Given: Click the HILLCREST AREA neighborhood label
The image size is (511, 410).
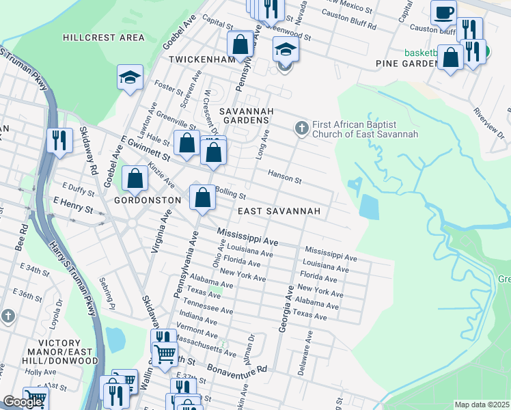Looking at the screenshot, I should point(103,38).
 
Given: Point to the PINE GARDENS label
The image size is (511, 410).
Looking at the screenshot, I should point(407,64).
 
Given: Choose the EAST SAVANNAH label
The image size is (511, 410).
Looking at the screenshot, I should point(279,212).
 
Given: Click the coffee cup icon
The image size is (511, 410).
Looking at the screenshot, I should point(443,13).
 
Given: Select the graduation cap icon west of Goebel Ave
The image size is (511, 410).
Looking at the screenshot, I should point(129,79).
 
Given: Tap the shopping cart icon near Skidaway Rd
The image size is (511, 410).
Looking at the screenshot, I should point(164,355).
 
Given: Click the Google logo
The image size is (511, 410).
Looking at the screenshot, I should point(23,402).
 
